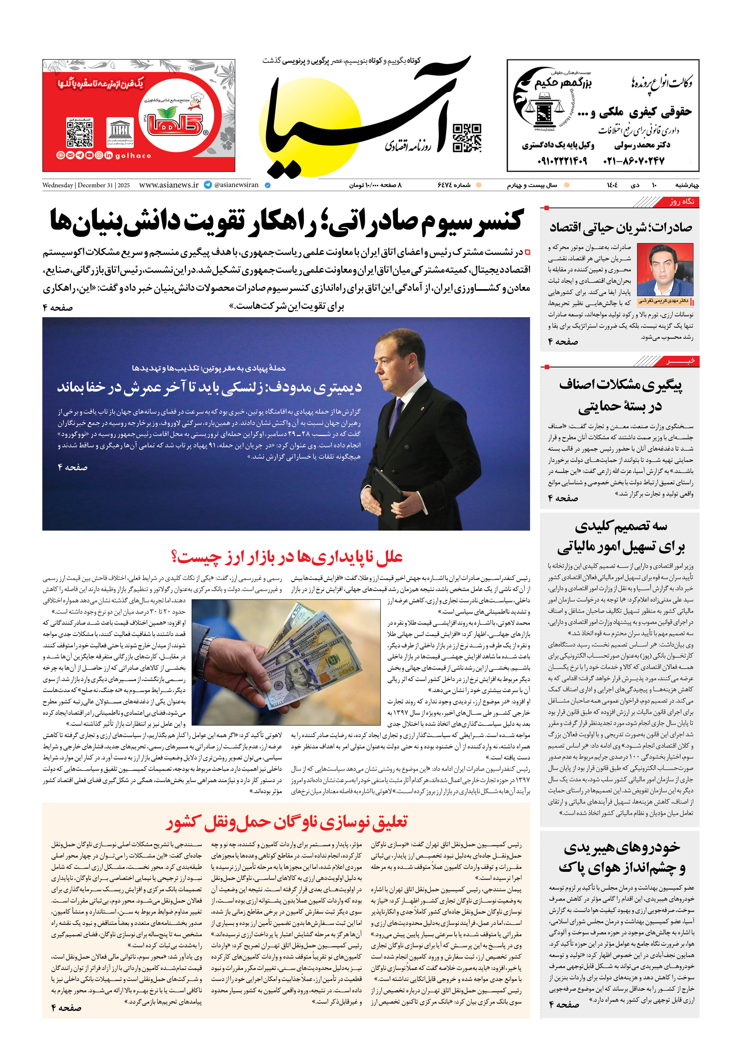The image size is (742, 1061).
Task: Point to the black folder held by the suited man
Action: pyautogui.click(x=389, y=490)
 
